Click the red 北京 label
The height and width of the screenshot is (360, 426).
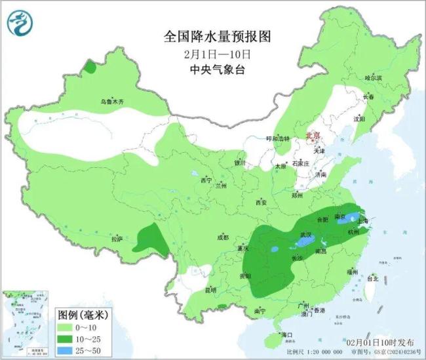[313, 136]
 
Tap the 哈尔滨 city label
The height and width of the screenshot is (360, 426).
[372, 78]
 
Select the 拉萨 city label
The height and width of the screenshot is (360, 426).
[117, 239]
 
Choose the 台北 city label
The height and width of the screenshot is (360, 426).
[372, 279]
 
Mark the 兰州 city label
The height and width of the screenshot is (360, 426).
[221, 186]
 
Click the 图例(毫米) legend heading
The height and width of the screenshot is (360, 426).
[83, 314]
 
